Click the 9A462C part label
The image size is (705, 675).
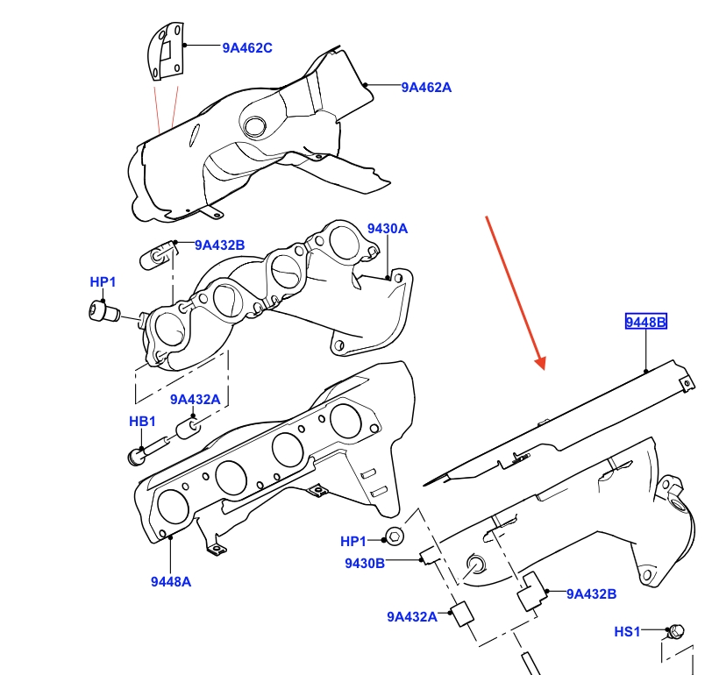tap(246, 48)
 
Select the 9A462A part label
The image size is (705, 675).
tap(427, 87)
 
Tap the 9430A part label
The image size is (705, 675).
tap(388, 229)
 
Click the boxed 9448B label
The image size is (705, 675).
tap(646, 323)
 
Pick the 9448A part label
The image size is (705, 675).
tap(170, 579)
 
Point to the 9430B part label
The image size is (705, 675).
tap(364, 563)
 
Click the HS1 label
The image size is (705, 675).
tap(628, 631)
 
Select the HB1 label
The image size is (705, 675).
tap(142, 422)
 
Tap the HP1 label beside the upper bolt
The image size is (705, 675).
tap(103, 281)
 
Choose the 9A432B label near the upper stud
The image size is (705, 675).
tap(220, 245)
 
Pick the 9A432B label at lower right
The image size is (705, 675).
tap(591, 593)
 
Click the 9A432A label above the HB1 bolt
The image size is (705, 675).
tap(196, 400)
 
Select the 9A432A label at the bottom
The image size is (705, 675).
tap(411, 615)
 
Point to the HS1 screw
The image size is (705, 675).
tap(676, 630)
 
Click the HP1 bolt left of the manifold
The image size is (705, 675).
tap(102, 310)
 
